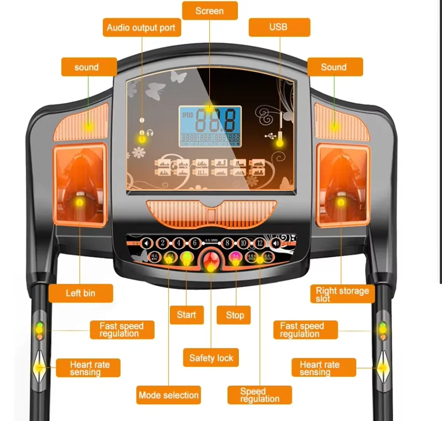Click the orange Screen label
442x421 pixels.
tap(210, 11)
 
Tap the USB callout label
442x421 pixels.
tap(279, 27)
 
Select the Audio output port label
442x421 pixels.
tap(141, 28)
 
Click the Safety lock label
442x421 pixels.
tap(211, 358)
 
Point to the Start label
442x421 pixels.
tap(186, 314)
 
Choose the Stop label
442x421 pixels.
tap(235, 315)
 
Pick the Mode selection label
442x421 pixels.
tap(168, 395)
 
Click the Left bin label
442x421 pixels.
tap(81, 293)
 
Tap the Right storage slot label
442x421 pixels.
tap(342, 294)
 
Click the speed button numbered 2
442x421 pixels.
tap(163, 243)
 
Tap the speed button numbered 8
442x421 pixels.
tap(225, 243)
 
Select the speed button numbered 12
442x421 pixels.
tap(259, 243)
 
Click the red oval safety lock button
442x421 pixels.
tap(210, 262)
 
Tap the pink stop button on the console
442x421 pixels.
tap(235, 257)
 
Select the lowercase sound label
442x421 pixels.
tap(86, 67)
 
